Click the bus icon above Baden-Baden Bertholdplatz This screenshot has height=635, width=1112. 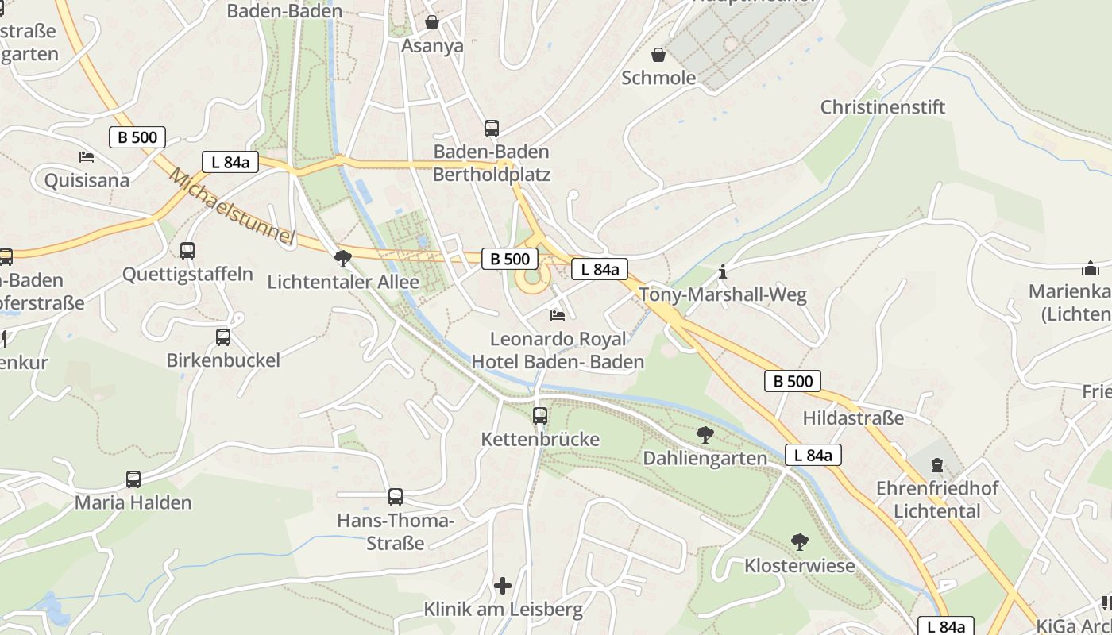pyautogui.click(x=492, y=128)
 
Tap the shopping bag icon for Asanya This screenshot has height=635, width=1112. pyautogui.click(x=432, y=22)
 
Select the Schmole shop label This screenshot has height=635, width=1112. pyautogui.click(x=658, y=78)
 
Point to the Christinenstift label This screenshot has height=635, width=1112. pyautogui.click(x=882, y=107)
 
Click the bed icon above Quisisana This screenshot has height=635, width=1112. pyautogui.click(x=87, y=157)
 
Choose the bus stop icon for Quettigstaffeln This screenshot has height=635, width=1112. pyautogui.click(x=187, y=251)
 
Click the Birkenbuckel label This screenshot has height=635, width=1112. pyautogui.click(x=223, y=360)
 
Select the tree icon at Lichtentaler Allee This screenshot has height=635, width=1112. pyautogui.click(x=343, y=258)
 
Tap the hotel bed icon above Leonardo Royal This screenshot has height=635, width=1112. pyautogui.click(x=558, y=316)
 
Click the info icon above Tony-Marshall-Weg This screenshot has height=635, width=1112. pyautogui.click(x=722, y=272)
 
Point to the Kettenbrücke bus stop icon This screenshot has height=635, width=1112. pyautogui.click(x=540, y=415)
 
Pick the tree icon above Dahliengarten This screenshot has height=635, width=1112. pyautogui.click(x=705, y=434)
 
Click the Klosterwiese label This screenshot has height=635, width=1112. pyautogui.click(x=799, y=566)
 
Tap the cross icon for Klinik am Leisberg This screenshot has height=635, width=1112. pyautogui.click(x=503, y=586)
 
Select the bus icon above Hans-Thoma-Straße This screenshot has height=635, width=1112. pyautogui.click(x=396, y=497)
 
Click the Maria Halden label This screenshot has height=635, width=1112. pyautogui.click(x=133, y=502)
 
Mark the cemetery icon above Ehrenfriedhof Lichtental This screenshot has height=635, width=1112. pyautogui.click(x=937, y=464)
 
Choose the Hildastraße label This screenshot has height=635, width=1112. pyautogui.click(x=853, y=418)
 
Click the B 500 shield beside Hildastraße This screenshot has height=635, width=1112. pyautogui.click(x=793, y=381)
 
